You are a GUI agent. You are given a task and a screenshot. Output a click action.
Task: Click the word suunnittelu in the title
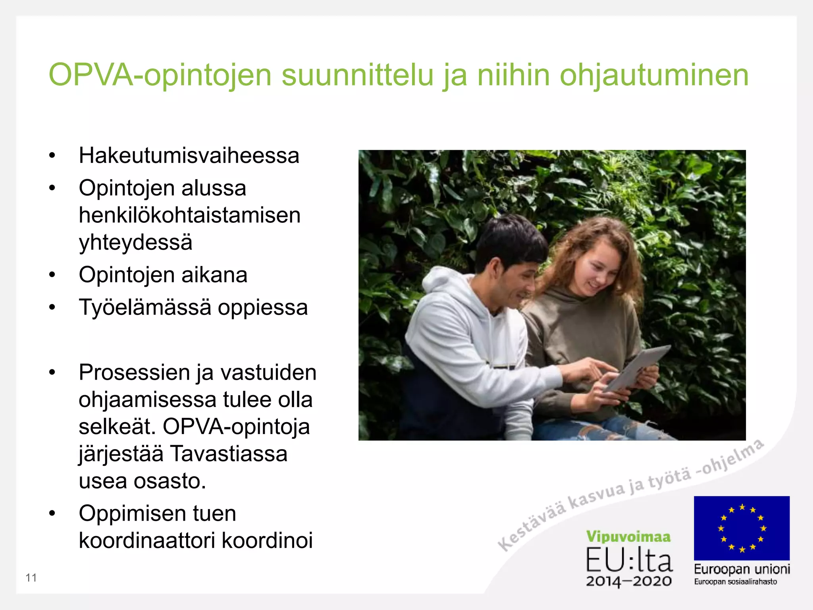[357, 75]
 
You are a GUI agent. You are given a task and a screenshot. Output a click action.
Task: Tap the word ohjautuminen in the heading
[654, 75]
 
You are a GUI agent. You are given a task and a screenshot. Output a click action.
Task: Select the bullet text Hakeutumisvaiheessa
[189, 155]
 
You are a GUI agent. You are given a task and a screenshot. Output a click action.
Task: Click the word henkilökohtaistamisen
[190, 215]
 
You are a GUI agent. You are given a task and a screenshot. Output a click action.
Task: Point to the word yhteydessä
[135, 242]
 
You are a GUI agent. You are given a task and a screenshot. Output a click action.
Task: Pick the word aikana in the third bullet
[214, 275]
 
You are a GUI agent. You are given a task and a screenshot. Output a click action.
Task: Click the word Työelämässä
[145, 307]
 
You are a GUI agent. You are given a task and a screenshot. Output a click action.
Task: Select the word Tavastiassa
[228, 454]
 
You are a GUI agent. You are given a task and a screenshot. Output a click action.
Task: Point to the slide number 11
[31, 578]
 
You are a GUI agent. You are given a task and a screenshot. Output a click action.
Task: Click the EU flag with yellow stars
[742, 528]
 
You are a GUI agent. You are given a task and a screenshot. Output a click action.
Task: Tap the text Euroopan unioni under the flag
[742, 569]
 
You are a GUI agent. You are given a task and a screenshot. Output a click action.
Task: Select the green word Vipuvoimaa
[628, 537]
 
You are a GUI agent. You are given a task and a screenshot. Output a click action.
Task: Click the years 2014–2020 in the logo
[629, 581]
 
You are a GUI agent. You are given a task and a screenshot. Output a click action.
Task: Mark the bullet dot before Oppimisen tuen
[52, 513]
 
